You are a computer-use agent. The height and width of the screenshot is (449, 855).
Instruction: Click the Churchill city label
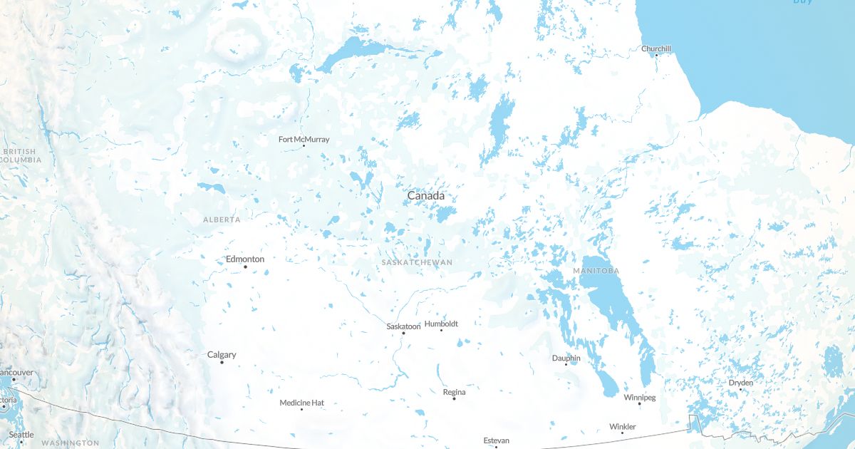[x=655, y=49]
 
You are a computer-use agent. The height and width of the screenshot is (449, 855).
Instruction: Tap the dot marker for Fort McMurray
[x=304, y=146]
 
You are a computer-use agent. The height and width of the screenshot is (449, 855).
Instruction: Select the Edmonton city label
[x=244, y=259]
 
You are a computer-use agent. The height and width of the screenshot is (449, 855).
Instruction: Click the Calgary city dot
[x=222, y=363]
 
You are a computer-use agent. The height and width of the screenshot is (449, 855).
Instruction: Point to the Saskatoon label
[x=403, y=326]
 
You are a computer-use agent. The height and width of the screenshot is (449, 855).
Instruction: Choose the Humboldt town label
[x=441, y=324]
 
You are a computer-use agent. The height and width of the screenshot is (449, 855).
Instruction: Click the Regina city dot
[x=454, y=398]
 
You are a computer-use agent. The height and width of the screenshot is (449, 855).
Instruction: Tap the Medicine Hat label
[x=301, y=403]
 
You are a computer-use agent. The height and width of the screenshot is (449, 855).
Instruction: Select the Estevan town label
[x=496, y=440]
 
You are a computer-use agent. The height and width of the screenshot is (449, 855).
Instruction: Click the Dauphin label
[x=566, y=358]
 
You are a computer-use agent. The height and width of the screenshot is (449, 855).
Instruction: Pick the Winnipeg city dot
[x=639, y=404]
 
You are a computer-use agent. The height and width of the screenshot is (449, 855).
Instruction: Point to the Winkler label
[x=622, y=427]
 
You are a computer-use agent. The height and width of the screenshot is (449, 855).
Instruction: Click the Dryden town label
[x=740, y=383]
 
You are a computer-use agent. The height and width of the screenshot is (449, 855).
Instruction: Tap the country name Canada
[x=425, y=195]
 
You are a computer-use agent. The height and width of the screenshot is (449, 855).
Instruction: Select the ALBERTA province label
[x=222, y=220]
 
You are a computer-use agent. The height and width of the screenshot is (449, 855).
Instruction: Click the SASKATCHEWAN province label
[x=417, y=262]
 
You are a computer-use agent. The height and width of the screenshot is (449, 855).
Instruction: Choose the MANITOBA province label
[x=596, y=271]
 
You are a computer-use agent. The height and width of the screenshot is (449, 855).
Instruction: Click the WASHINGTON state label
[x=70, y=443]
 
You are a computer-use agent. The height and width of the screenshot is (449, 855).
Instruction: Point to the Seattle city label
[x=21, y=435]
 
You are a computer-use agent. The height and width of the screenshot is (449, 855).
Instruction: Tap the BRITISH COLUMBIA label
[x=19, y=156]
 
